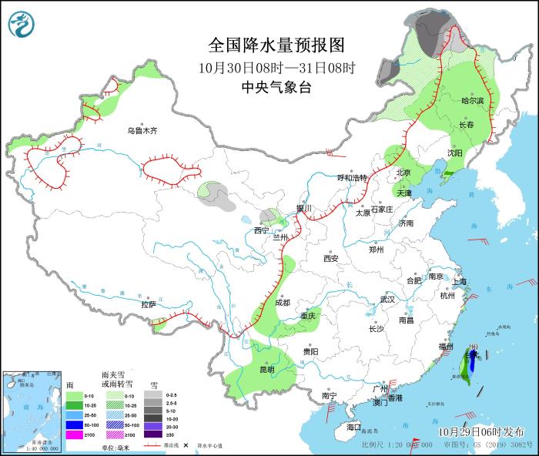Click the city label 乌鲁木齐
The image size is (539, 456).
pyautogui.click(x=142, y=131)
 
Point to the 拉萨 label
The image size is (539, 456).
pyautogui.click(x=149, y=304)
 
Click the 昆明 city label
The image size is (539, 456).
pyautogui.click(x=266, y=370)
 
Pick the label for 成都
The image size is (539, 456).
pyautogui.click(x=281, y=303)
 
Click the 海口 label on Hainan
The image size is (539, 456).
pyautogui.click(x=353, y=427)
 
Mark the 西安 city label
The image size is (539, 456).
pyautogui.click(x=331, y=259)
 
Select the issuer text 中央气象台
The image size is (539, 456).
pyautogui.click(x=276, y=87)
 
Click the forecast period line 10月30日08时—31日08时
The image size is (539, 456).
pyautogui.click(x=276, y=67)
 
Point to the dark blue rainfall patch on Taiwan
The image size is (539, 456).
pyautogui.click(x=471, y=363)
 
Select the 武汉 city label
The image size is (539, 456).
pyautogui.click(x=387, y=299)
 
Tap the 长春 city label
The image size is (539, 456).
pyautogui.click(x=467, y=125)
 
